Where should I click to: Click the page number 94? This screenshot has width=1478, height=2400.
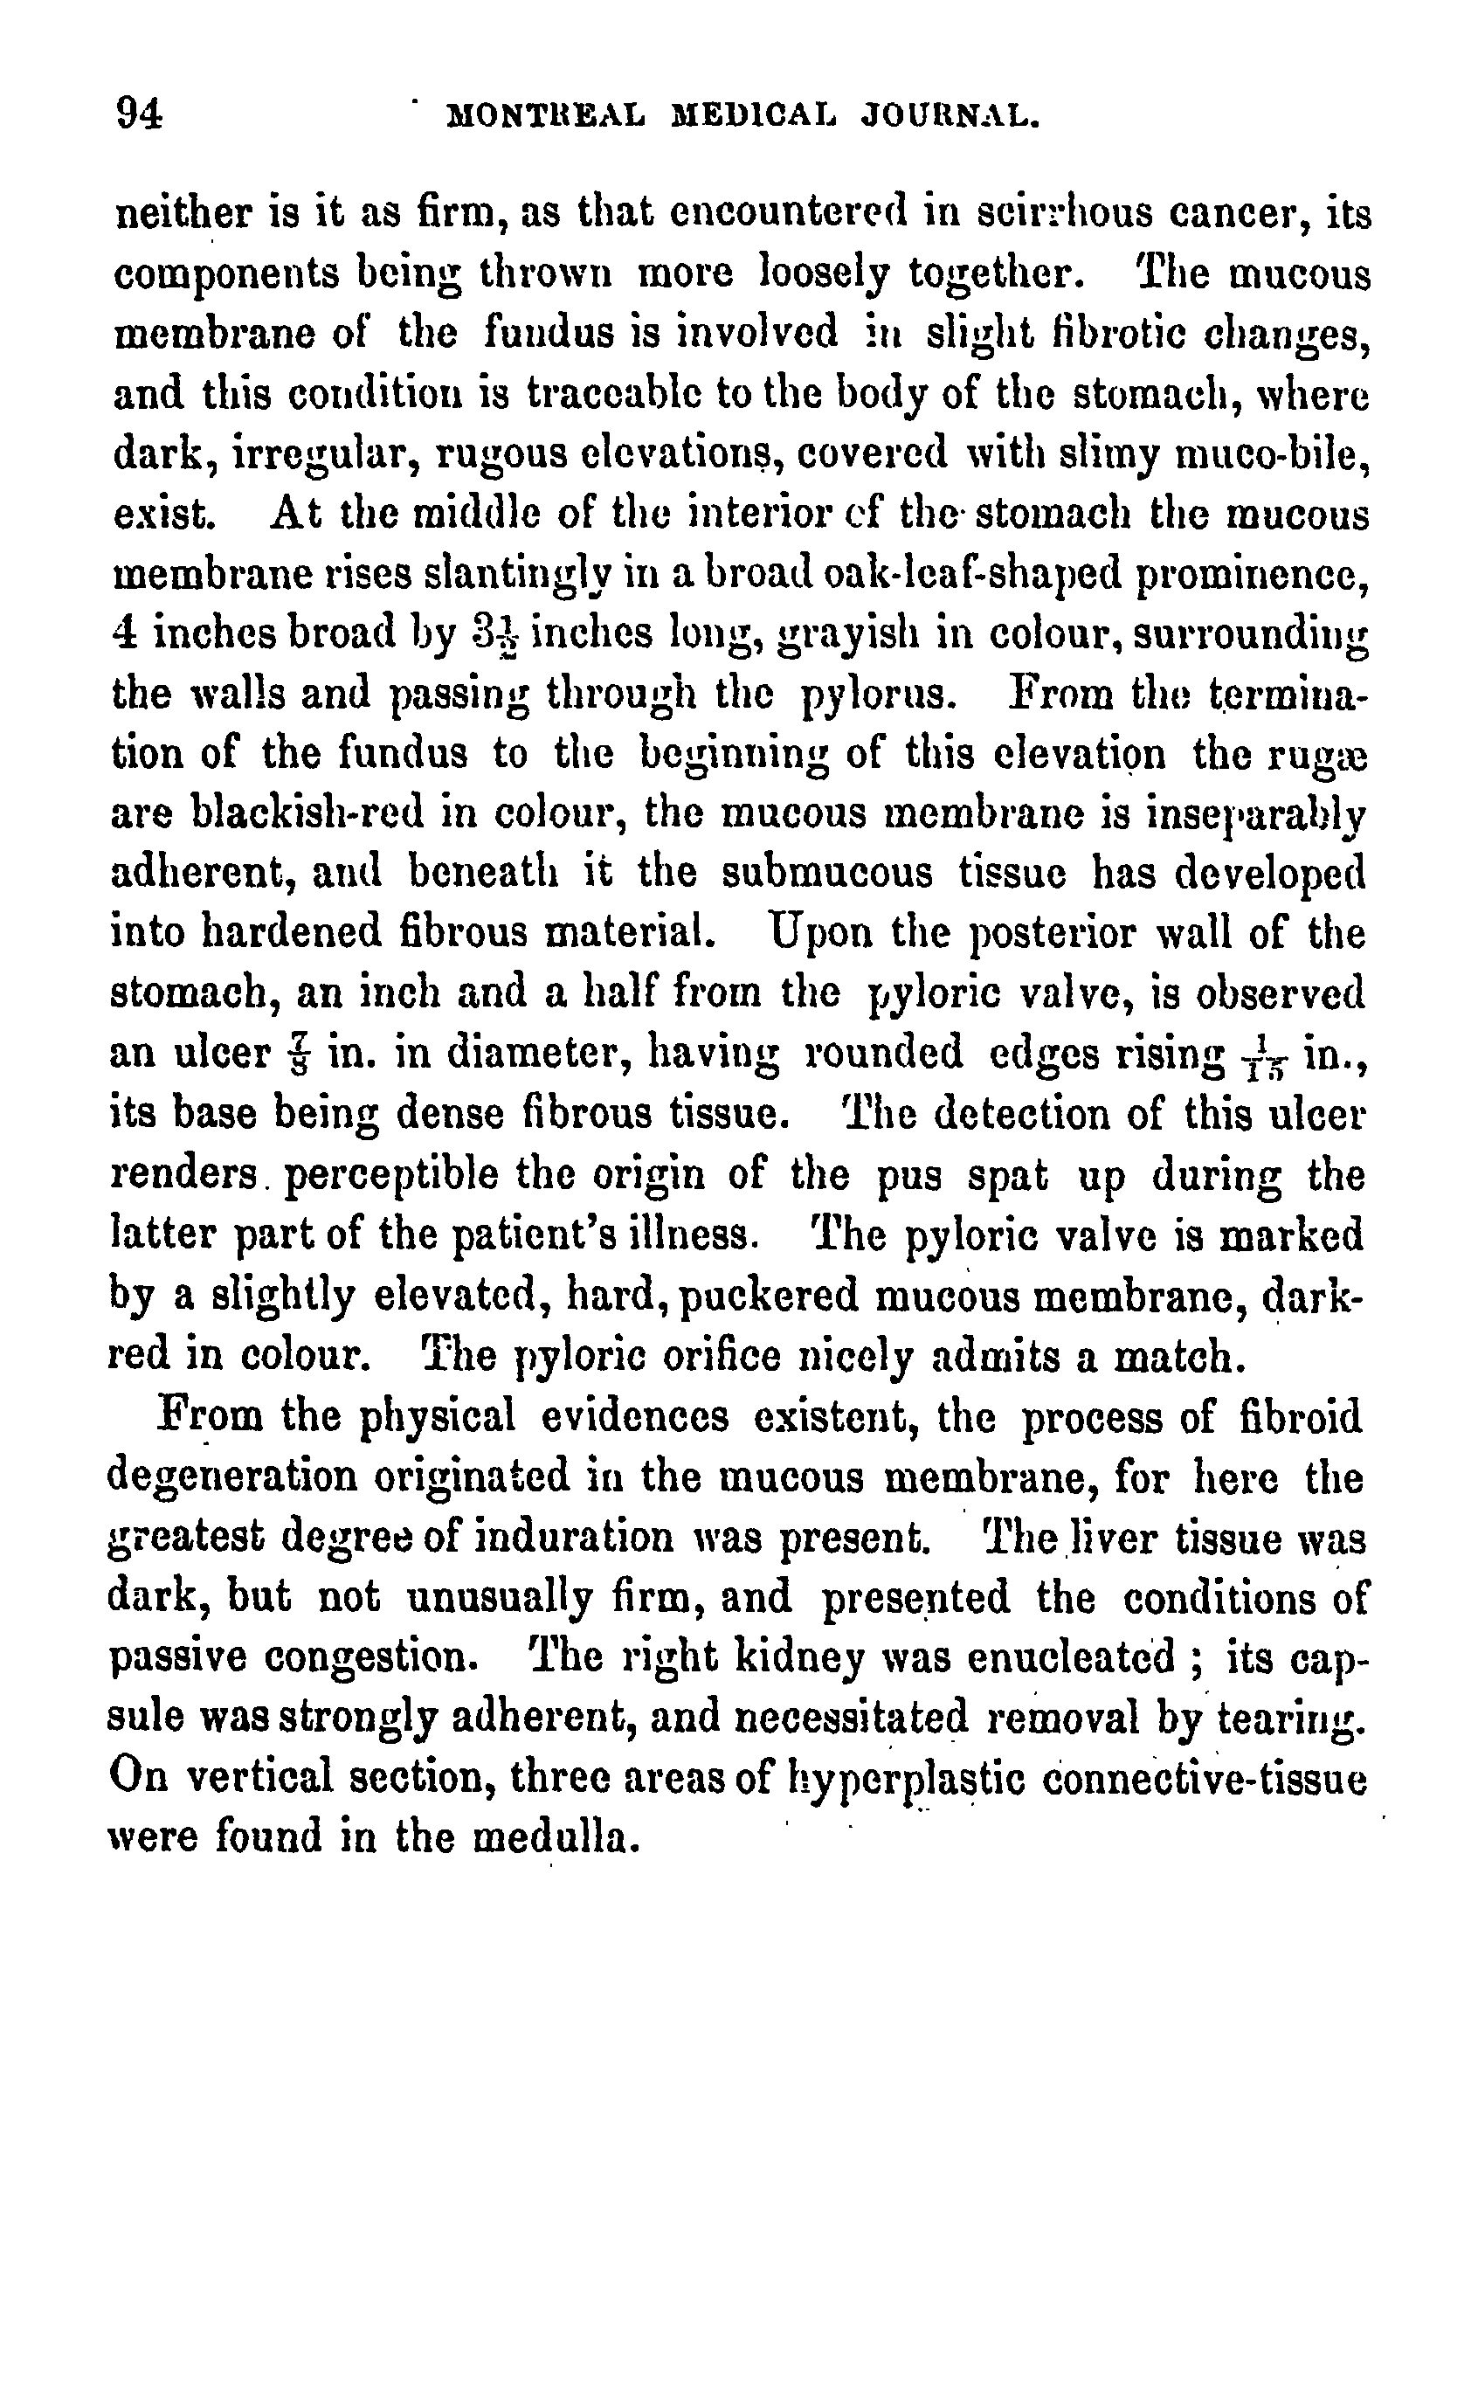(139, 114)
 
